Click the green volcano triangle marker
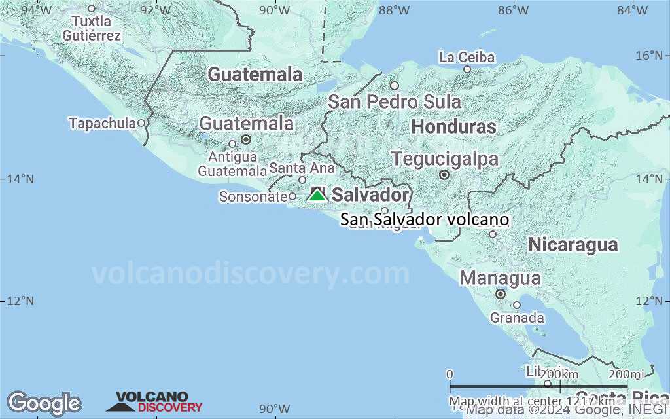coord(317,194)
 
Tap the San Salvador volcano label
coord(424,220)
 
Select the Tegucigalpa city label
coord(445,159)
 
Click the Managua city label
coord(500,278)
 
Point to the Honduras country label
coord(454,126)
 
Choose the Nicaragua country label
coord(573,245)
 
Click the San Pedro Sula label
coord(394,102)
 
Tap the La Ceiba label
coord(467,58)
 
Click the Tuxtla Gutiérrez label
coord(92,29)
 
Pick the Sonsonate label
coord(253,196)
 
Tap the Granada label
coord(518,318)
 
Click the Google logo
coord(44,403)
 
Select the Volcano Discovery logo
coord(155,402)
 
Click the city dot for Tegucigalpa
coord(444,175)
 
